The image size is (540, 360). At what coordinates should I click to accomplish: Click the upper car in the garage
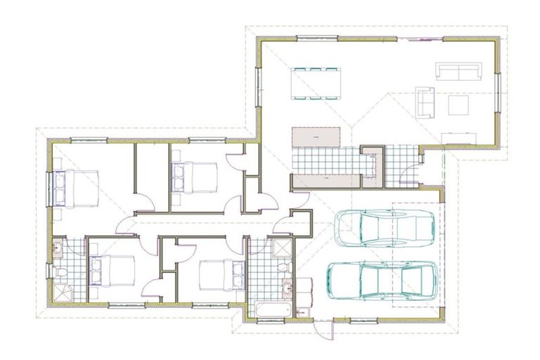point(385,227)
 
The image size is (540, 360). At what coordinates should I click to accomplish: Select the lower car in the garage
point(382,279)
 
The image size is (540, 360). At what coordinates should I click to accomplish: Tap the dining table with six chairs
point(315,83)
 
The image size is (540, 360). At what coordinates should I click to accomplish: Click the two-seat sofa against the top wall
point(458,71)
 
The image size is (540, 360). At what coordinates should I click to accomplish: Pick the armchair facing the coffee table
point(425,101)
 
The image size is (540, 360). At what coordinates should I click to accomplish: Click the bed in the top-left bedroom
point(76,186)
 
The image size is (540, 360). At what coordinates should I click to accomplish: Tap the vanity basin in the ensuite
point(58,247)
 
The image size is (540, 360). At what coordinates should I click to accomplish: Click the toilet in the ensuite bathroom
point(59,272)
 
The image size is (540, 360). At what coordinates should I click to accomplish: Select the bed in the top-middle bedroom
point(193,176)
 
